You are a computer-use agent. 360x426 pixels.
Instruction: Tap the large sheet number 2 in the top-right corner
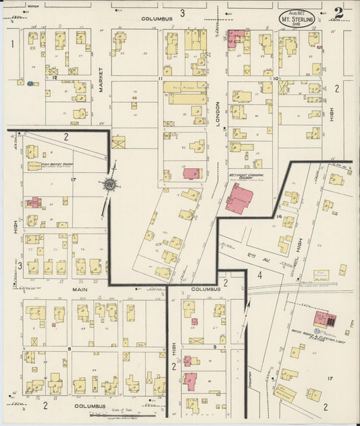pyautogui.click(x=337, y=12)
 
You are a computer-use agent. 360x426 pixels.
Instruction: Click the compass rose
pyautogui.click(x=109, y=184)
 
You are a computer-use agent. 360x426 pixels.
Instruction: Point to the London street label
pyautogui.click(x=218, y=109)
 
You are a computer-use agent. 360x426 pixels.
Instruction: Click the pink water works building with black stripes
pyautogui.click(x=326, y=320)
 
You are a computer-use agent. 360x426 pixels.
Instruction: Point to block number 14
pyautogui.click(x=279, y=216)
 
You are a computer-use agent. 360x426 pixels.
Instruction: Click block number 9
pyautogui.click(x=214, y=346)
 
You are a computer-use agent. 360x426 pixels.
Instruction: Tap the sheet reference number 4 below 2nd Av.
pyautogui.click(x=259, y=275)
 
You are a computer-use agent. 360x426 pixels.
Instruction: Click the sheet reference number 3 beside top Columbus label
pyautogui.click(x=182, y=12)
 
